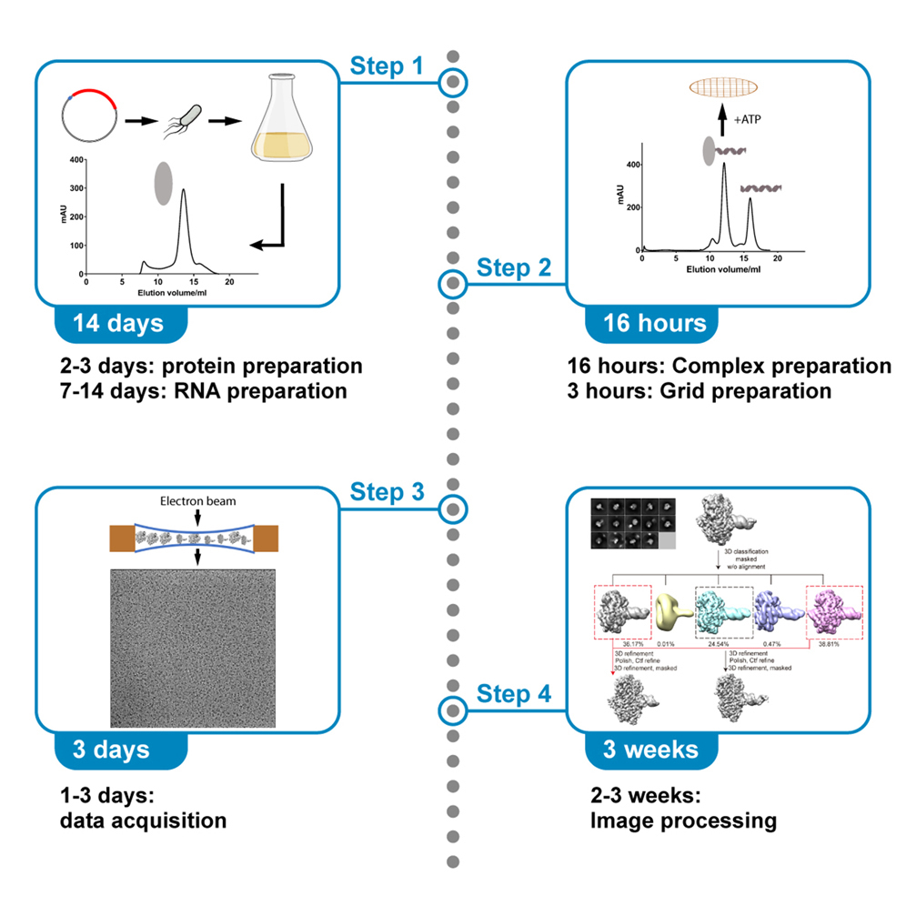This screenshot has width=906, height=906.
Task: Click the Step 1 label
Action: pyautogui.click(x=387, y=66)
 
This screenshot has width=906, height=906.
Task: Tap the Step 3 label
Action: pyautogui.click(x=387, y=493)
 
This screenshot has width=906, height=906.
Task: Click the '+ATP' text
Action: pyautogui.click(x=748, y=118)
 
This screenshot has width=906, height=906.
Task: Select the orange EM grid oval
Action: pyautogui.click(x=723, y=87)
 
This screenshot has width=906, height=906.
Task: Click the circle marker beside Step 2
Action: pyautogui.click(x=452, y=286)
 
